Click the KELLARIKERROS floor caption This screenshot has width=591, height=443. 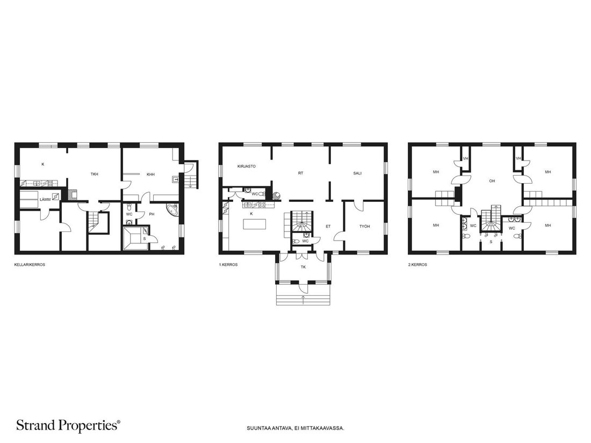(x=30, y=265)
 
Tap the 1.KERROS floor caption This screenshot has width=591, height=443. (x=228, y=265)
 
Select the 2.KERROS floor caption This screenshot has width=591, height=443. (x=417, y=265)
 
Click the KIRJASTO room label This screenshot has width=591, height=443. (x=247, y=166)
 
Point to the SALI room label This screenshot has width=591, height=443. (x=357, y=173)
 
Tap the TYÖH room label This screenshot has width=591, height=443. (x=364, y=227)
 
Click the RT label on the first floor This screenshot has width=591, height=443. (x=300, y=173)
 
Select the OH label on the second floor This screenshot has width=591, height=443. (x=492, y=181)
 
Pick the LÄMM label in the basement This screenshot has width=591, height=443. (x=45, y=200)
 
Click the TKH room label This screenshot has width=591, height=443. (x=94, y=175)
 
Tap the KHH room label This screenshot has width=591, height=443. (x=151, y=175)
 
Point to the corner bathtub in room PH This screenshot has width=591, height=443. (x=171, y=209)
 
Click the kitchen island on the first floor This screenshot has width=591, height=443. (x=255, y=224)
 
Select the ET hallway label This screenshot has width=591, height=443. (x=328, y=227)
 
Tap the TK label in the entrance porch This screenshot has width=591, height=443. (x=303, y=267)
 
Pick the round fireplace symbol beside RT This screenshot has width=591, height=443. (x=276, y=195)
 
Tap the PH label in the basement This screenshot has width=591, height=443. (x=152, y=214)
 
